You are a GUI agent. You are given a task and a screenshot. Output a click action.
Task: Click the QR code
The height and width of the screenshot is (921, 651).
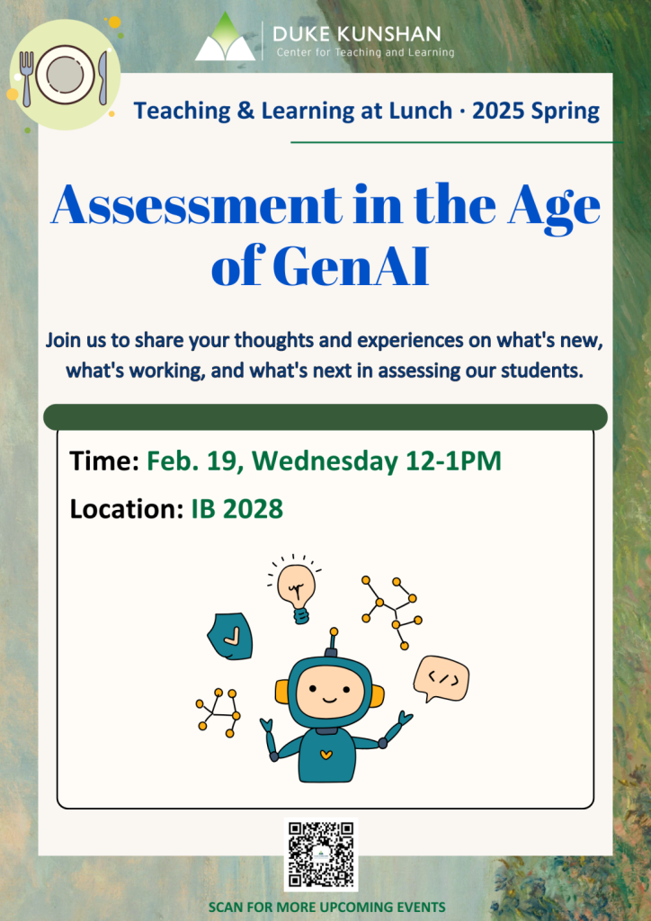click(x=321, y=854)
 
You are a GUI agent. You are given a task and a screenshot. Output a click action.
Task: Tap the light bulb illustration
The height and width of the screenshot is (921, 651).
click(x=295, y=589)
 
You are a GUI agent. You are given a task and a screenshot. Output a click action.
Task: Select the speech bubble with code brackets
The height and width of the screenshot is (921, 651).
click(x=441, y=679)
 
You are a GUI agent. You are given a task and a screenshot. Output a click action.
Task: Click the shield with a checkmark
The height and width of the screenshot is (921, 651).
click(x=230, y=636)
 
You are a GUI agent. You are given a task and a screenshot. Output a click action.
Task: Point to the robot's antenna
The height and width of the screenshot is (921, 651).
click(x=334, y=642)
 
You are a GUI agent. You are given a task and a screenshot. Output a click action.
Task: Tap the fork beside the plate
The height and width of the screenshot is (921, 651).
click(x=26, y=78)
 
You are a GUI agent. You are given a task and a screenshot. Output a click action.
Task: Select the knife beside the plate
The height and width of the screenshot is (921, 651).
click(x=103, y=78)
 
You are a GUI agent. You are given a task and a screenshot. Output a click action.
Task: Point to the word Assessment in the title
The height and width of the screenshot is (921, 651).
click(x=196, y=205)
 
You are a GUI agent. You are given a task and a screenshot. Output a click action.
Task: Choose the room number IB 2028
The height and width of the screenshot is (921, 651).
click(x=237, y=509)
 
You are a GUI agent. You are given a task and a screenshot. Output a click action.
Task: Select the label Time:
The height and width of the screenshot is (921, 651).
click(x=104, y=461)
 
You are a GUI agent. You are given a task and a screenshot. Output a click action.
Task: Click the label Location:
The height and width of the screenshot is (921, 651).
click(x=127, y=509)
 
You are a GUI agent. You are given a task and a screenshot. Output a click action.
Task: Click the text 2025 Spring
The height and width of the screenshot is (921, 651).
click(x=536, y=111)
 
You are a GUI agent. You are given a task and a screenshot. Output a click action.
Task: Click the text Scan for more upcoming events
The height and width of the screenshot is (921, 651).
click(x=327, y=907)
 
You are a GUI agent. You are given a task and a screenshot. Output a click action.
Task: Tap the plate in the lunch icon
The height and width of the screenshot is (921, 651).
click(x=65, y=76)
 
